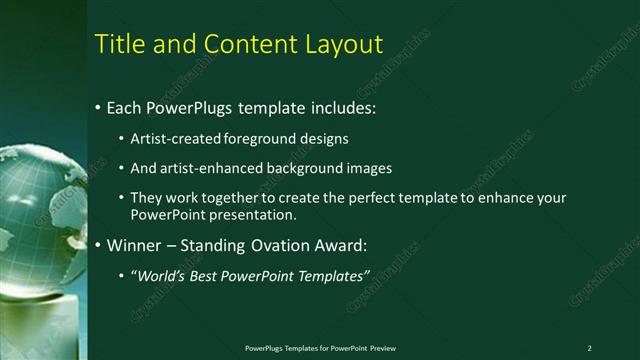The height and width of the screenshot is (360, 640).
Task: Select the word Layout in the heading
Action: pos(347,45)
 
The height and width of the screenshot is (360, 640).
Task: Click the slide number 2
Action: pos(589,348)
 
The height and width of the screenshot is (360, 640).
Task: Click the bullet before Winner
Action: pos(97,245)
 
